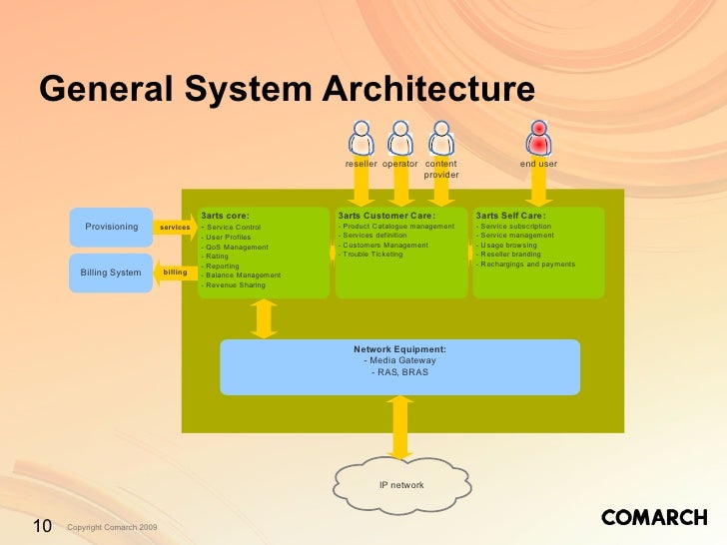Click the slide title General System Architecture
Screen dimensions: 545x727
tap(288, 90)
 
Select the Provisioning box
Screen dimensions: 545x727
tap(111, 227)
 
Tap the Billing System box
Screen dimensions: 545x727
tap(111, 272)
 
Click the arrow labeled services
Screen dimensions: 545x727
tap(175, 228)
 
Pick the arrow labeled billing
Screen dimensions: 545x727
tap(174, 272)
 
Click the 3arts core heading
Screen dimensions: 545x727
tap(225, 215)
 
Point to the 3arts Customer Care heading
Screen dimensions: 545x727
tap(386, 215)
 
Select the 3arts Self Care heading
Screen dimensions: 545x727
tap(510, 215)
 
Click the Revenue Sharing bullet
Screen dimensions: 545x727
tap(233, 285)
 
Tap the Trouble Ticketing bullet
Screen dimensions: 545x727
tap(370, 255)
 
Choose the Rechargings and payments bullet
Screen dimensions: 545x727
tap(526, 265)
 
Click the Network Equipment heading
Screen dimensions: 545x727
tap(399, 349)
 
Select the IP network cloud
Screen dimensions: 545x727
tap(401, 485)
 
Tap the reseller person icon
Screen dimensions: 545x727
tap(362, 137)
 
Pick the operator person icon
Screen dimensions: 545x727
tap(400, 137)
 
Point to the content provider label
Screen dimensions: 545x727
tap(441, 169)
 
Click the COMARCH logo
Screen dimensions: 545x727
tap(654, 517)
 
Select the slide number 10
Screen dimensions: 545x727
tap(42, 526)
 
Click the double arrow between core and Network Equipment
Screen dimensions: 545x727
tap(264, 319)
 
